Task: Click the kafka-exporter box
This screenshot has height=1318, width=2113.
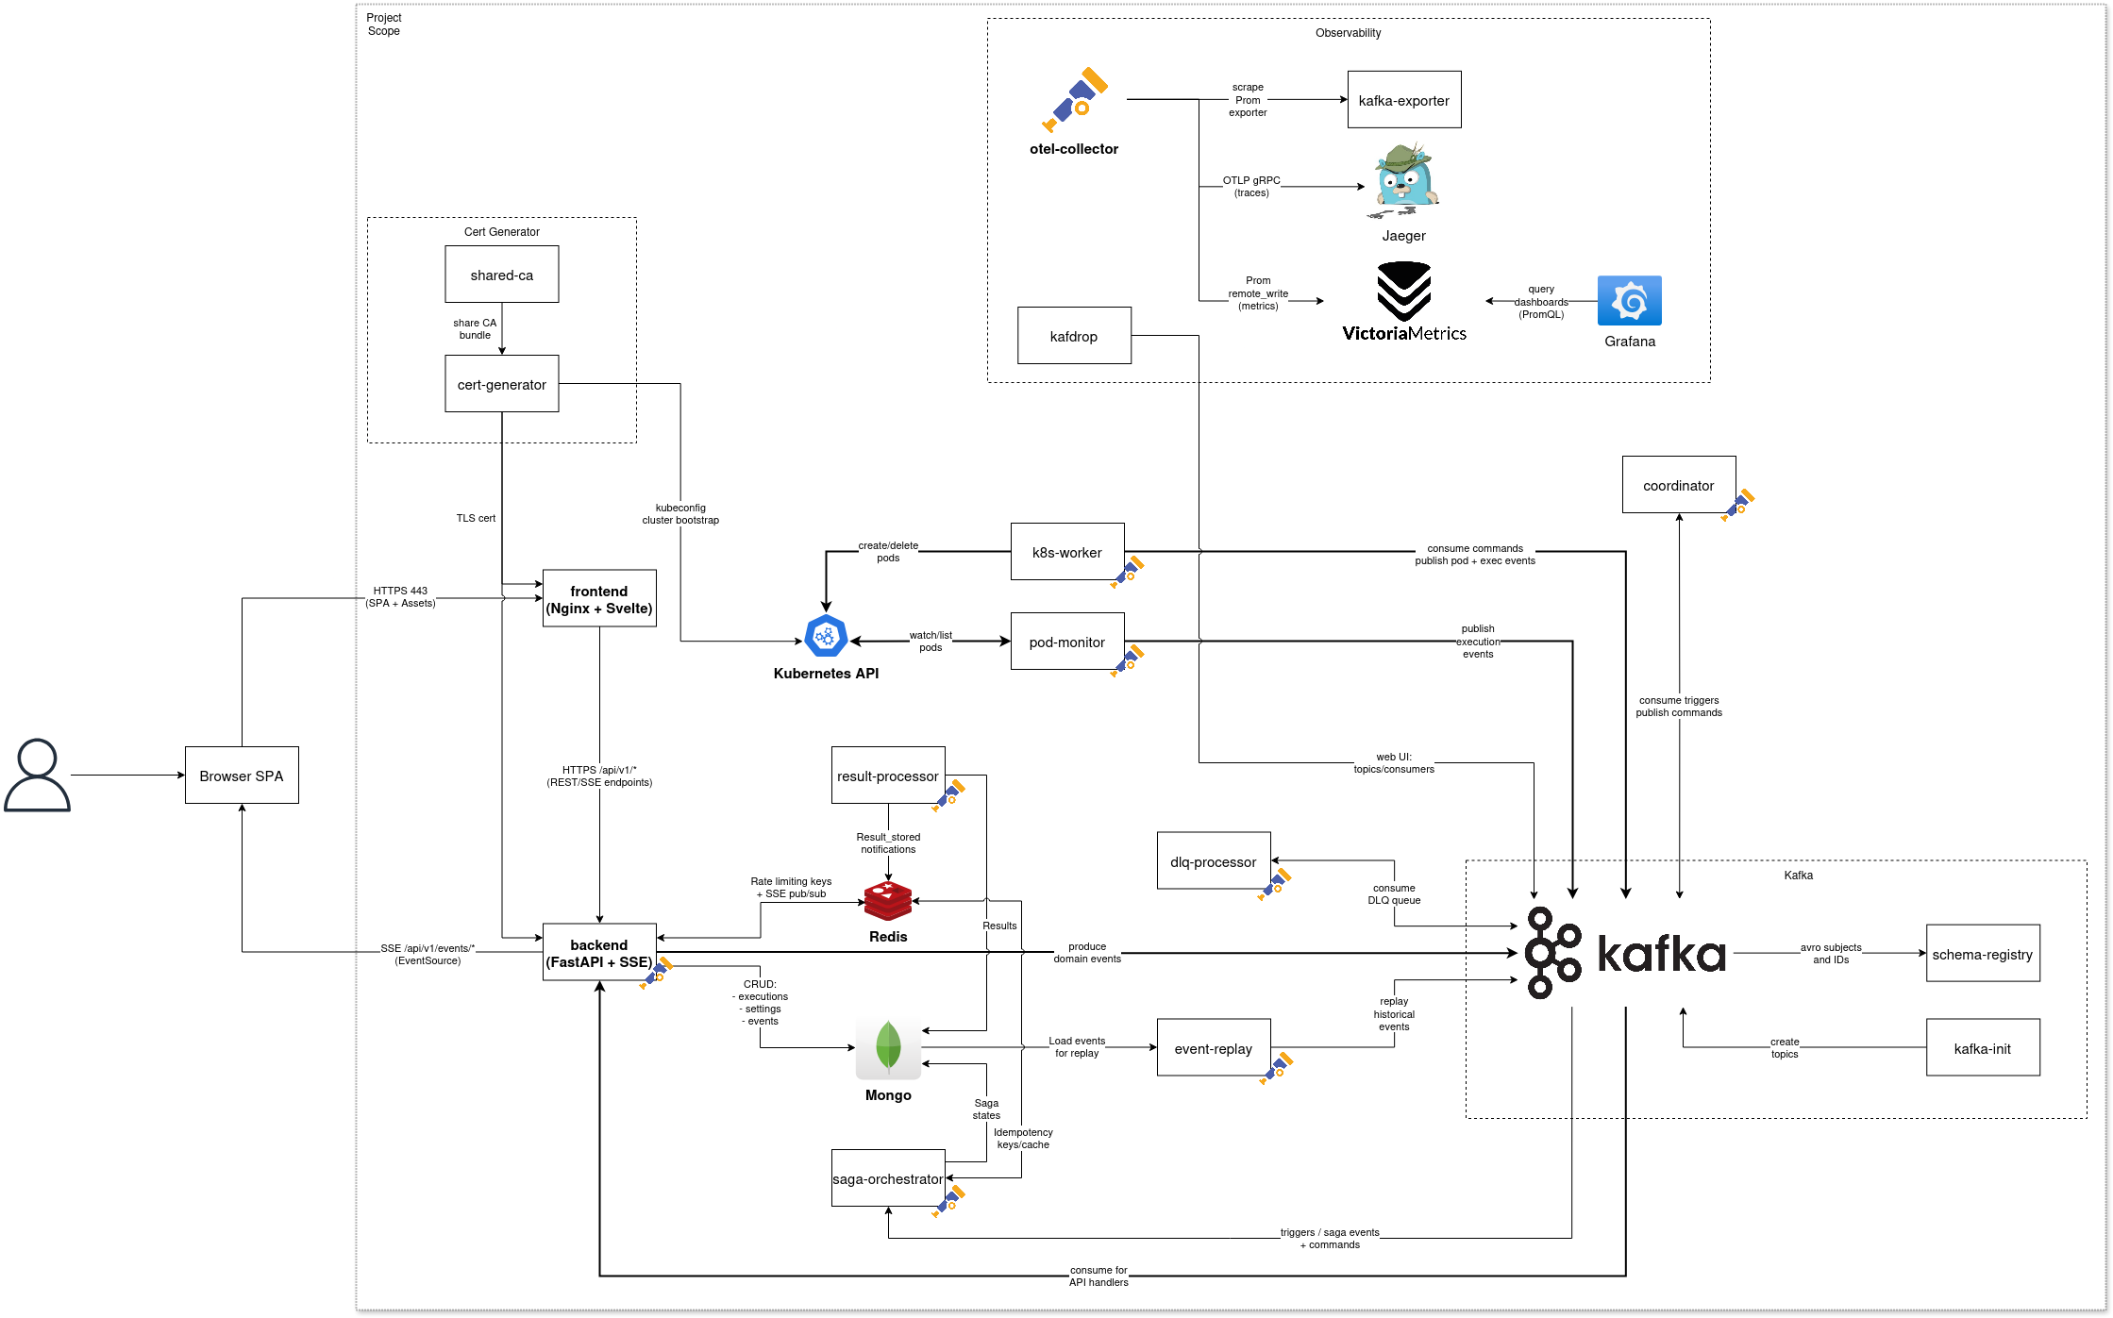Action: pos(1403,100)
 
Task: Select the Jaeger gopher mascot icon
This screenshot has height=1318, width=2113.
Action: pos(1404,179)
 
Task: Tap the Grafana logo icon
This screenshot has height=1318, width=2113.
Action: pos(1629,301)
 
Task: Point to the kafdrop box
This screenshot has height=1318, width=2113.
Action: pos(1073,336)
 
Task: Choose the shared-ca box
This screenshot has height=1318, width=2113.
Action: pos(501,275)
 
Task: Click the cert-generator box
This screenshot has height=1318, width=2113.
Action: pos(501,384)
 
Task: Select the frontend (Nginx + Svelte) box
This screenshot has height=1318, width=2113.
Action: pos(598,599)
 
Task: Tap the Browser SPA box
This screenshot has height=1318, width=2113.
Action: pos(242,776)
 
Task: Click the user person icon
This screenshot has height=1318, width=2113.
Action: pos(37,776)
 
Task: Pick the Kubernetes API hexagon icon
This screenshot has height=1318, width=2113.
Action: pos(826,637)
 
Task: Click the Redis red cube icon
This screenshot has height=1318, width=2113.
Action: pos(887,902)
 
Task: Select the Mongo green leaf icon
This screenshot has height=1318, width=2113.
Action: pos(887,1047)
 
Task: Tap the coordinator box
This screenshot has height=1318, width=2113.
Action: pos(1678,485)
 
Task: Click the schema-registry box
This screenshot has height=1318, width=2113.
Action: pos(1982,954)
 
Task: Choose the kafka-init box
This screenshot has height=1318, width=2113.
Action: pos(1982,1048)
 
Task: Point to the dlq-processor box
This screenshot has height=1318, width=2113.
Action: pos(1213,861)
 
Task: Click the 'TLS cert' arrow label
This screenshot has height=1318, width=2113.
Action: pos(476,518)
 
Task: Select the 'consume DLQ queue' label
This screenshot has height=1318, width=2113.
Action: pos(1394,894)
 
